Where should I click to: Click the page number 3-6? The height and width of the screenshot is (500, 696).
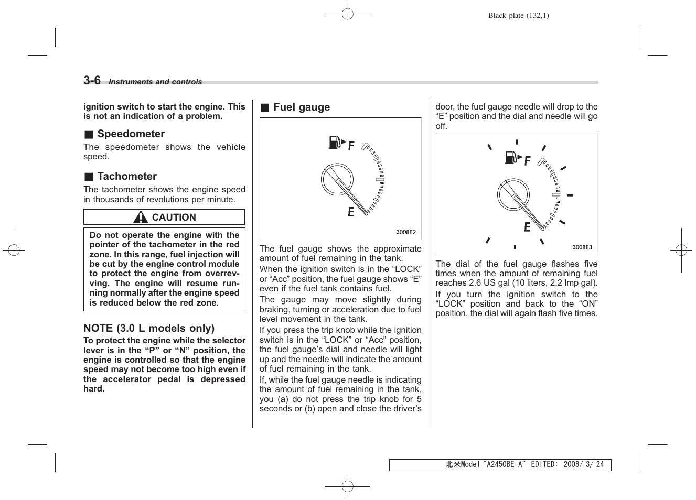[x=92, y=80]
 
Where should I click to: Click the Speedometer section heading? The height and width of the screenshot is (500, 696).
[x=131, y=134]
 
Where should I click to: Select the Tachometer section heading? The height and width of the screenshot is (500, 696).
[x=127, y=176]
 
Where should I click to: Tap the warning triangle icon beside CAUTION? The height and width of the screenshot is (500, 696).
[x=140, y=217]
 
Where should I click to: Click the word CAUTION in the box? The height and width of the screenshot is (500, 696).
[x=174, y=218]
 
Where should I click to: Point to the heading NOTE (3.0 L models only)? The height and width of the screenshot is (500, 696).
[x=149, y=328]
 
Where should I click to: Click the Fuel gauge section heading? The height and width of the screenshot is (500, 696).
[x=301, y=107]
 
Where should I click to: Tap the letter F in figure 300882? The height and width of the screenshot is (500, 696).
[x=351, y=146]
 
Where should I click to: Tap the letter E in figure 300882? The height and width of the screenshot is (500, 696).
[x=351, y=212]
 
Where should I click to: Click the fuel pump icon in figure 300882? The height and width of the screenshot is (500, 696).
[x=336, y=142]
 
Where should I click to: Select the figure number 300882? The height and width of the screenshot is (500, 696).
[x=405, y=232]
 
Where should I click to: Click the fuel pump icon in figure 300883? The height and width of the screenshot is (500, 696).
[x=512, y=157]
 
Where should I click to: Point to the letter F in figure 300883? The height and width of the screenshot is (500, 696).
[x=527, y=161]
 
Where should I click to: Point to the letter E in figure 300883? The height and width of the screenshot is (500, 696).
[x=527, y=227]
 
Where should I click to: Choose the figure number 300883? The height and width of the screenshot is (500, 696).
[x=582, y=247]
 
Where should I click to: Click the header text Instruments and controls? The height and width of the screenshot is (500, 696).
[x=155, y=82]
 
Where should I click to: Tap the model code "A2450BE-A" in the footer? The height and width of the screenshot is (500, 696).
[x=504, y=465]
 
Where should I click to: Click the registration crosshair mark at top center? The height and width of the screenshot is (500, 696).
[x=347, y=14]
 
